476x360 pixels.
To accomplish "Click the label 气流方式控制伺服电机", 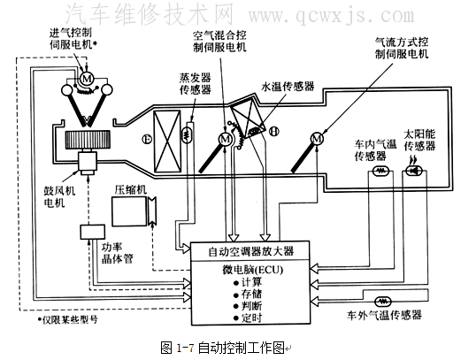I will click(x=399, y=48).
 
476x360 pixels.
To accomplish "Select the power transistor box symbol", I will click(x=92, y=232).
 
